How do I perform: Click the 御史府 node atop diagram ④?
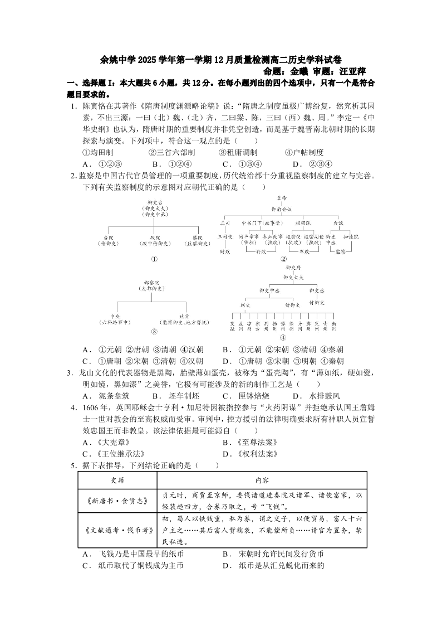coord(283,268)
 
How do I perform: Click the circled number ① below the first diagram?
coord(154,259)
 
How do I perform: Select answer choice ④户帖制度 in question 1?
coord(304,152)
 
